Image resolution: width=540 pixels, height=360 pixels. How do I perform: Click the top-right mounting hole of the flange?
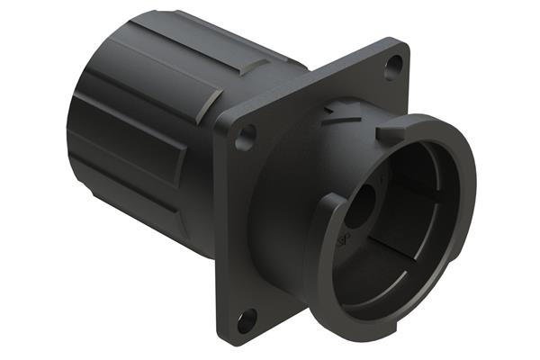[x=392, y=66]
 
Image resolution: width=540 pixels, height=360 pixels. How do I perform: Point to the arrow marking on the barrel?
[x=339, y=111]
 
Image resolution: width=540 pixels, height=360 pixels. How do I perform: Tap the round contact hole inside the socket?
[x=362, y=207]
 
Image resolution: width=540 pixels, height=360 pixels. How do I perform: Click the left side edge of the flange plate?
[x=219, y=225]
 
